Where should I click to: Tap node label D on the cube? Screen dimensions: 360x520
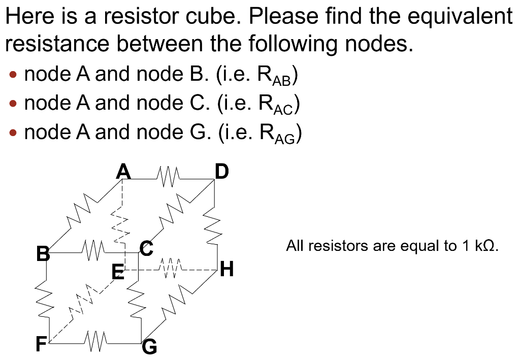(x=221, y=172)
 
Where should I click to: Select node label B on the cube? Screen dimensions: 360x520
(x=43, y=252)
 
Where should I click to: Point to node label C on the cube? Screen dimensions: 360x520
(x=146, y=249)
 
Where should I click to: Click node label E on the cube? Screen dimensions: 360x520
(x=118, y=275)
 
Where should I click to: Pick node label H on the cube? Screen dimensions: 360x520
(x=227, y=269)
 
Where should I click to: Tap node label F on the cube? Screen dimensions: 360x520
(x=40, y=345)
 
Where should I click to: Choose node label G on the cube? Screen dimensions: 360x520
(x=150, y=347)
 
